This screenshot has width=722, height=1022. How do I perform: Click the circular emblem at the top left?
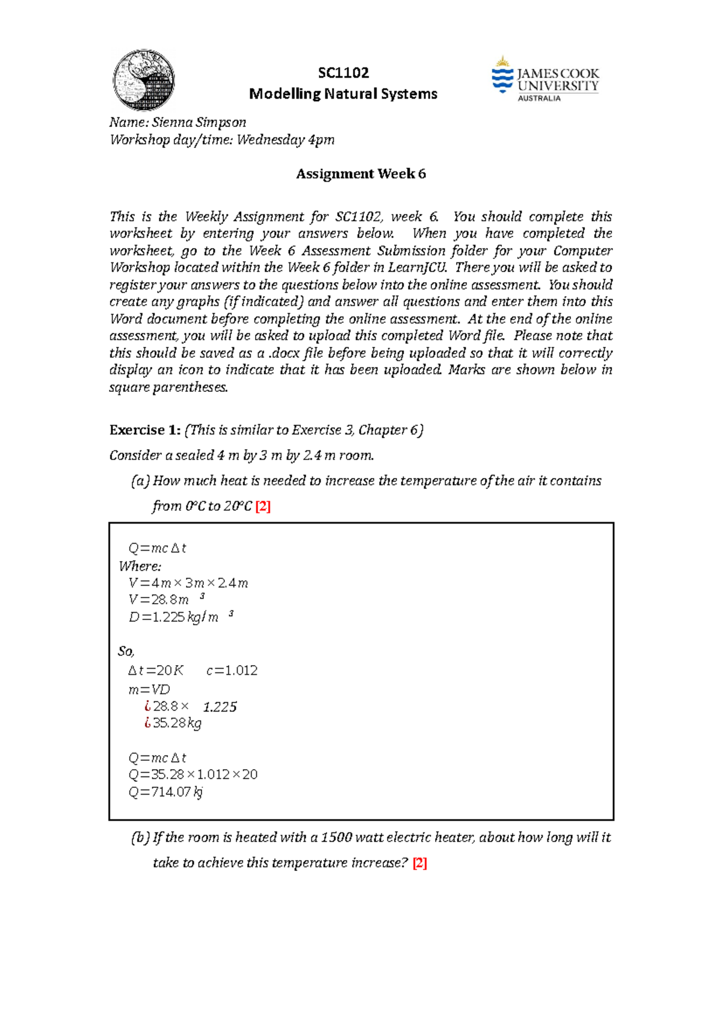point(144,80)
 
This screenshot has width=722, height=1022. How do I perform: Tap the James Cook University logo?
point(545,80)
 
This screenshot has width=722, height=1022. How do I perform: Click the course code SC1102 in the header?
point(343,73)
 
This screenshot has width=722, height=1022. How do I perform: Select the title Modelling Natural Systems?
point(343,94)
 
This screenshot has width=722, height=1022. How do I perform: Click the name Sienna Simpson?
point(199,122)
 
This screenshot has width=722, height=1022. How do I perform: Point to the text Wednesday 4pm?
point(285,140)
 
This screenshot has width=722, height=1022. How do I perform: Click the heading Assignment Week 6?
point(360,174)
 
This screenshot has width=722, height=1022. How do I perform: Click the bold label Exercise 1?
point(144,430)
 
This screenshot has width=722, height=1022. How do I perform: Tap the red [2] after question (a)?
point(263,506)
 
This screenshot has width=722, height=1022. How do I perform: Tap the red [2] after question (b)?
point(419,863)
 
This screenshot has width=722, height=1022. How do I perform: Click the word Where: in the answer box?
point(140,566)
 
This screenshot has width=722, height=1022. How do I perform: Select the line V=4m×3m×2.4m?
point(188,583)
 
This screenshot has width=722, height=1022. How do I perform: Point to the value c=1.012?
point(232,670)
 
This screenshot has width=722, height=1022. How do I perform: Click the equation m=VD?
point(149,690)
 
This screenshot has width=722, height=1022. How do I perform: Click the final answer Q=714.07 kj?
point(165,792)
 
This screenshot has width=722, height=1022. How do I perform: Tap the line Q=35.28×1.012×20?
point(193,775)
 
